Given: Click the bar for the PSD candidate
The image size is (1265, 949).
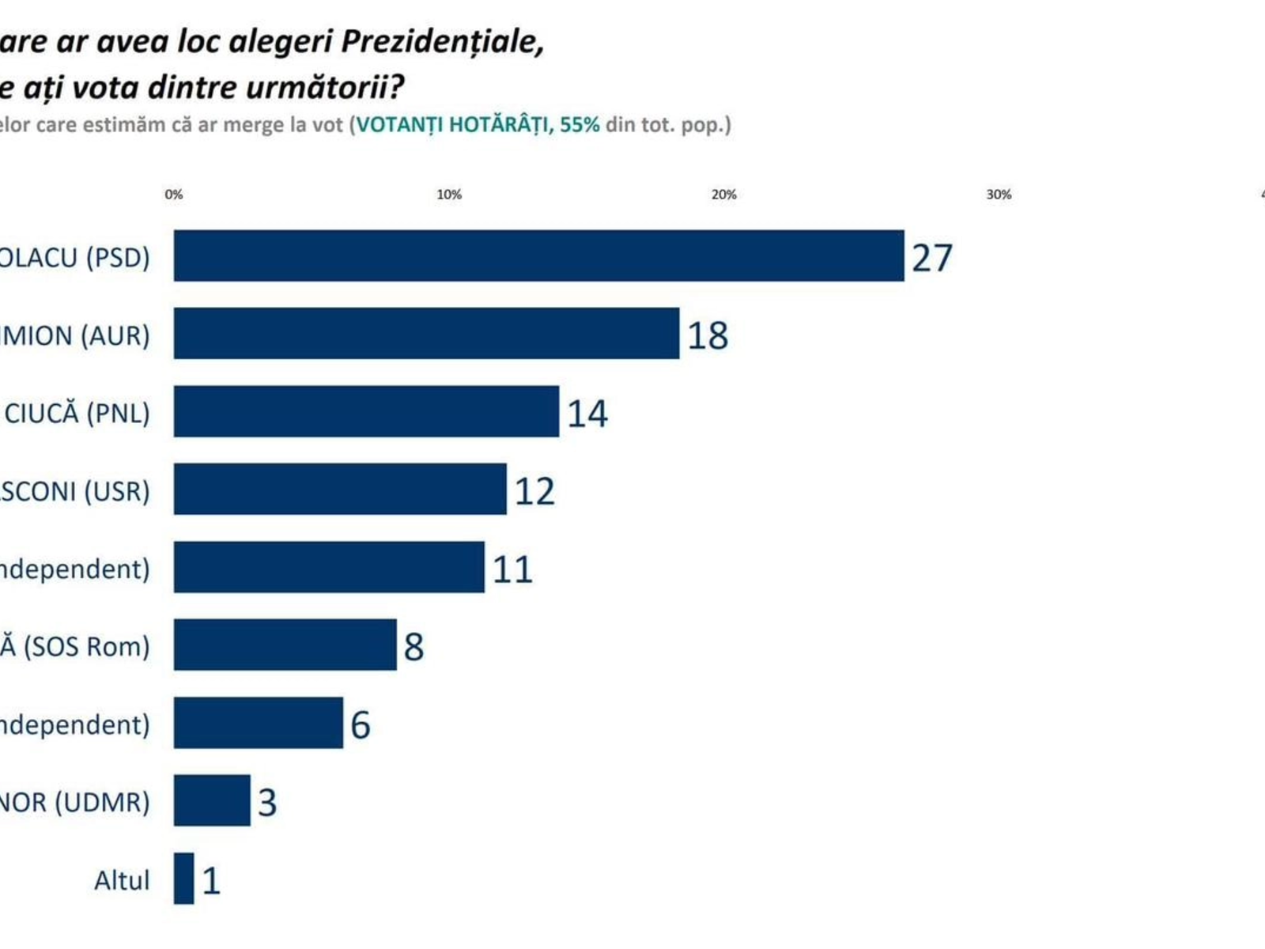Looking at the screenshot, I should (538, 255).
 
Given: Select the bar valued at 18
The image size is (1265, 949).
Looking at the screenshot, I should (426, 333).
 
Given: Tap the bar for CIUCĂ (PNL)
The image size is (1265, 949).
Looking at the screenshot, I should (366, 411).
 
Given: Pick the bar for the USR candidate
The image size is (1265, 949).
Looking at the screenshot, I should (340, 489).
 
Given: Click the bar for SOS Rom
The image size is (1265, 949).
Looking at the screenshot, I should (285, 645).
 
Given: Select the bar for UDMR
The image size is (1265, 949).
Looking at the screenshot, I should (212, 800).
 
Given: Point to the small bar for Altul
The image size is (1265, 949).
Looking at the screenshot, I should (183, 878).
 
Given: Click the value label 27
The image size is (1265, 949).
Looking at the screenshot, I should (932, 258).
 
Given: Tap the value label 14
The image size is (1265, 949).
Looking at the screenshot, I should (587, 414).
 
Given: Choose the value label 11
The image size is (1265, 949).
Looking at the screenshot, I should (512, 569).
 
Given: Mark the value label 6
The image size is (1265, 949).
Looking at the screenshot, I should (360, 725).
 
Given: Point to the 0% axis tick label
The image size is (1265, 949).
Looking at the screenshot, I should (174, 195).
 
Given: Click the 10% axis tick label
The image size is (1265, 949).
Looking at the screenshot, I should (449, 195).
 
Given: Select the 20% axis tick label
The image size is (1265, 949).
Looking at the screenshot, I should (723, 195).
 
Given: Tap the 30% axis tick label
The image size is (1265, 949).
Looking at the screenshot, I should (999, 195).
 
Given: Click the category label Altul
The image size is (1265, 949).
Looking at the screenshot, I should (122, 880).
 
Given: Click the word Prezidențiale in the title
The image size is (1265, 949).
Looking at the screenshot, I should (442, 42).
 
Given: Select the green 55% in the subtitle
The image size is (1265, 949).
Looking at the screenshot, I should (580, 125).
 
